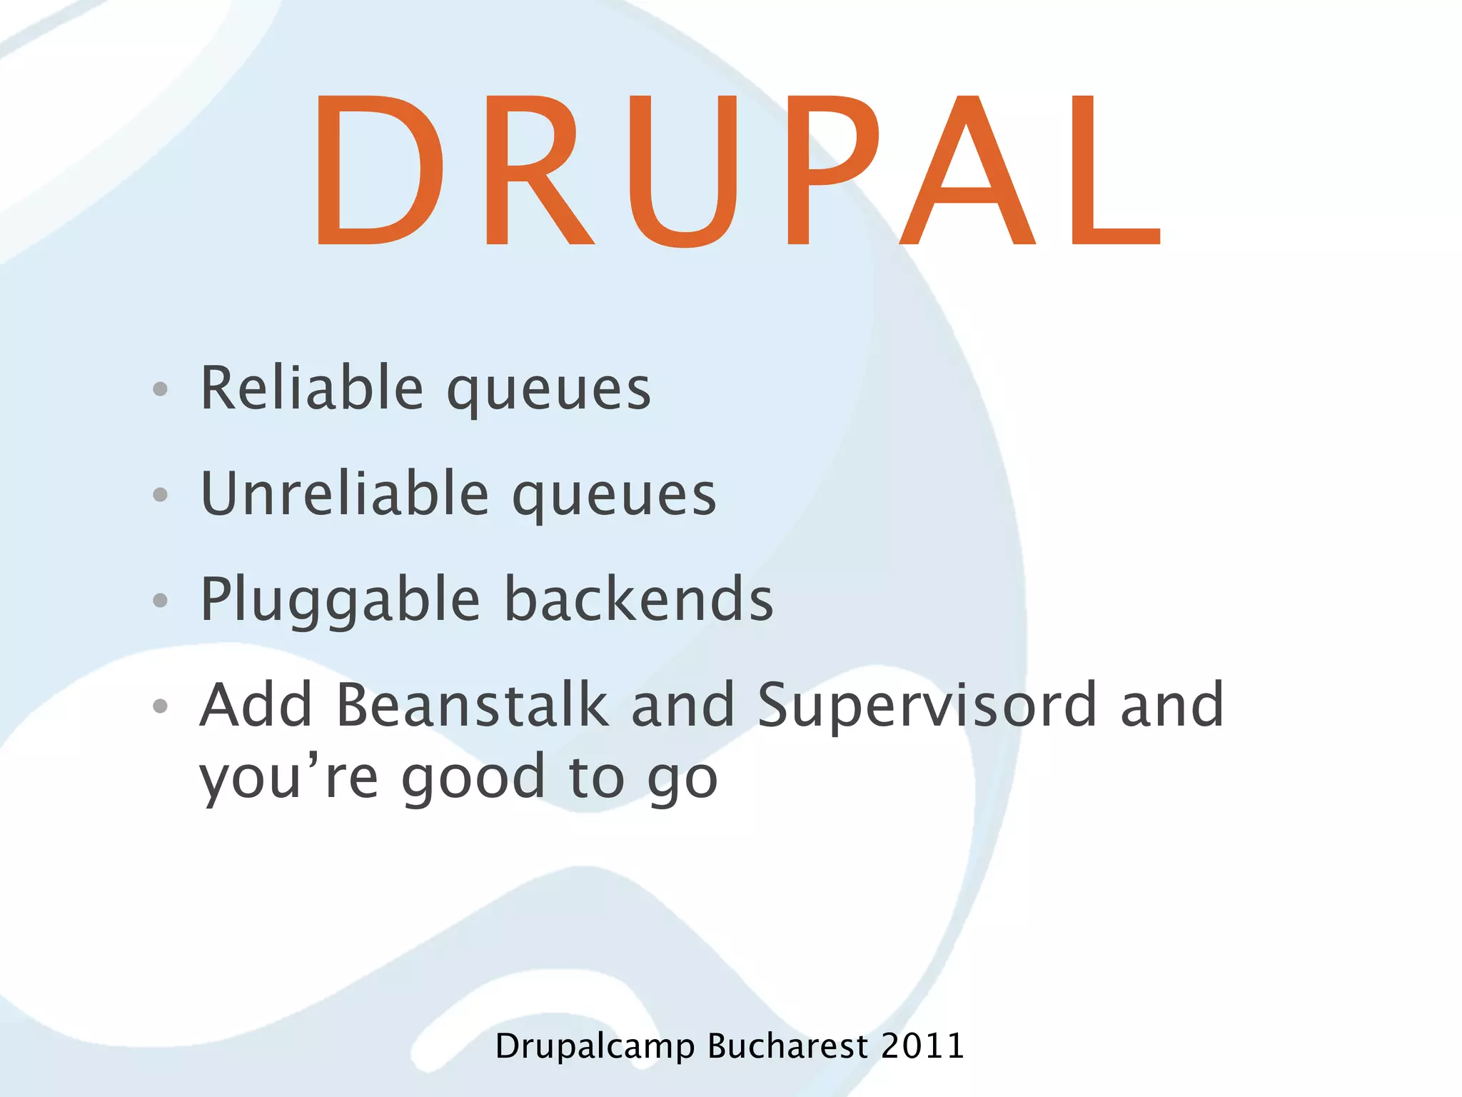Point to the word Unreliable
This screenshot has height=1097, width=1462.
click(x=345, y=494)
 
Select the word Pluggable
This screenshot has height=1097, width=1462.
click(x=340, y=601)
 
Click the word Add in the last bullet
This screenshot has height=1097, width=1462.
click(x=256, y=705)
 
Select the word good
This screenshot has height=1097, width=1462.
click(x=474, y=778)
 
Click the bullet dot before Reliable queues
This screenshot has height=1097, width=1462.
click(x=161, y=389)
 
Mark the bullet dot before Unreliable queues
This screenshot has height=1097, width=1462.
click(x=161, y=494)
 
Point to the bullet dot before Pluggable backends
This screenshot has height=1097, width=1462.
click(x=161, y=601)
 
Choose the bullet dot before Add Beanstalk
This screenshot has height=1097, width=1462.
click(x=161, y=706)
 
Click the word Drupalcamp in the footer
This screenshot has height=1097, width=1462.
click(x=595, y=1047)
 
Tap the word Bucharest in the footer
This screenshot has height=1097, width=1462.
click(x=787, y=1046)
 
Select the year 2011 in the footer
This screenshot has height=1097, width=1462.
click(x=922, y=1046)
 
